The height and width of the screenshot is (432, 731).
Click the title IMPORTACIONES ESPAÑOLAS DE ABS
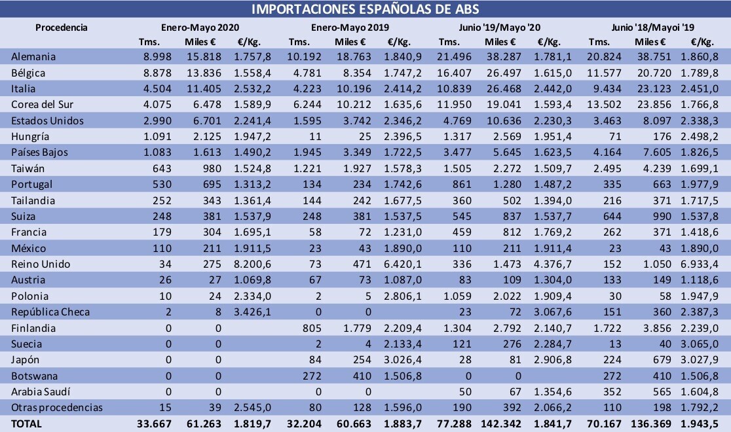(365, 9)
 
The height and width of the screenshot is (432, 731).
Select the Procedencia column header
(62, 27)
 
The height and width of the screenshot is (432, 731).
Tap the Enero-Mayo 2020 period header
(200, 27)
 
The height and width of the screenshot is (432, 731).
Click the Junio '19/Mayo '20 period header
(500, 27)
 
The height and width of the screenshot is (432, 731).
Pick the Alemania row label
(33, 57)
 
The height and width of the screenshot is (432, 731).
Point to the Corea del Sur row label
(43, 104)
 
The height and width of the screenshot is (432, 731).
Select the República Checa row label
(50, 312)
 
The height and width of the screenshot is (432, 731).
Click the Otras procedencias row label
(57, 407)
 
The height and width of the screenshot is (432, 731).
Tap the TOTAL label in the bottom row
(27, 424)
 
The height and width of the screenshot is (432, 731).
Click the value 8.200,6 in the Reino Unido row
(252, 264)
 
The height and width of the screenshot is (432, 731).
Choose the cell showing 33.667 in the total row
(155, 424)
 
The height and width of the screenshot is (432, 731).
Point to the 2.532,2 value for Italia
(252, 88)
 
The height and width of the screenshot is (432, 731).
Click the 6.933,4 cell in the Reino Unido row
(700, 264)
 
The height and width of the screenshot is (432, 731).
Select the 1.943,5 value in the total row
(700, 424)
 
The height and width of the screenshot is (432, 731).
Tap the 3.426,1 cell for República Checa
(252, 312)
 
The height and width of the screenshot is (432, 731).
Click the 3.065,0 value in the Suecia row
(700, 344)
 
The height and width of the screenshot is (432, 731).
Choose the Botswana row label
(35, 376)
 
